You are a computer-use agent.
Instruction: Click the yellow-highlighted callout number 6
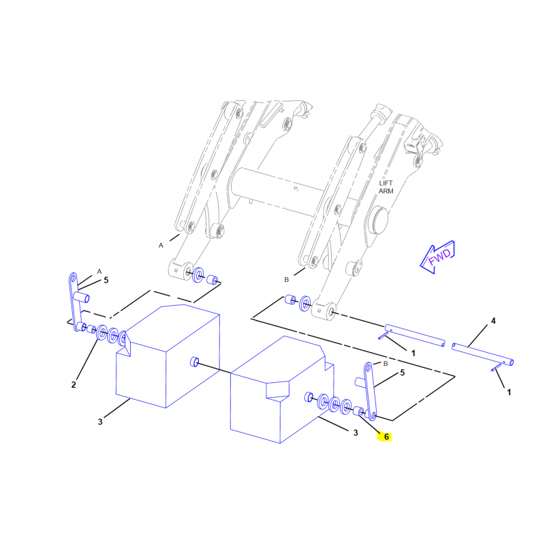pos(386,437)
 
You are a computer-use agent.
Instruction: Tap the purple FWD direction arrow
pos(438,257)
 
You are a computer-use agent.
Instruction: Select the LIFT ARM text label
pos(386,187)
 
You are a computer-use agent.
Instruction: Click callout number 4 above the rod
pos(493,321)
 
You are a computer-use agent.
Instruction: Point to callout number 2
pos(74,385)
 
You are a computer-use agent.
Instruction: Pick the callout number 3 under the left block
pos(100,422)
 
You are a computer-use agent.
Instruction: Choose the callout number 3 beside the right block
pos(355,433)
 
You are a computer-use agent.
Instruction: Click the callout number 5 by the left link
pos(106,280)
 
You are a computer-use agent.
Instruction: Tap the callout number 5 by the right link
pos(402,373)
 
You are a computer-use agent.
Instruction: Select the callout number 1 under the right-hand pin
pos(509,392)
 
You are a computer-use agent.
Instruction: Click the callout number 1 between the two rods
pos(414,353)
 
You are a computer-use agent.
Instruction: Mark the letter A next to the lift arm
pos(161,245)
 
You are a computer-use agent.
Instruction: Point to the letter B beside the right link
pos(385,364)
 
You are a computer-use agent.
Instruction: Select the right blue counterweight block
pos(282,389)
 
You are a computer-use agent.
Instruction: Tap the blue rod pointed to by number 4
pos(482,354)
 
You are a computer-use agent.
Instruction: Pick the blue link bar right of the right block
pos(370,391)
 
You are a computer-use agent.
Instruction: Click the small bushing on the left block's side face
pos(194,362)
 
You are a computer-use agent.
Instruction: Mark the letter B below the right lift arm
pos(286,280)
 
